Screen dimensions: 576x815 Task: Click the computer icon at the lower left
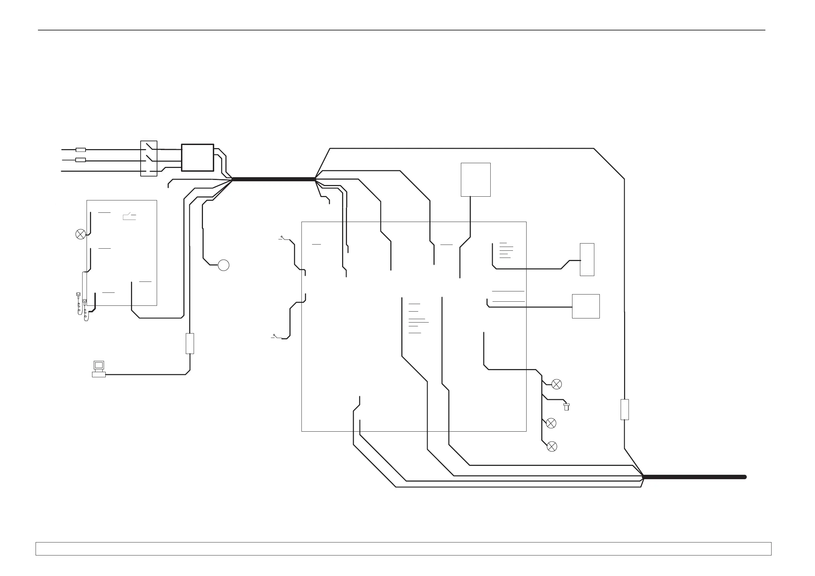click(x=99, y=369)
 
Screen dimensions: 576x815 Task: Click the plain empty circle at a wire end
click(x=223, y=265)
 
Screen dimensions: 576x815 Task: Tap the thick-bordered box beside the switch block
click(x=197, y=158)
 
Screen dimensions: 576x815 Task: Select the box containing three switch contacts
click(x=149, y=158)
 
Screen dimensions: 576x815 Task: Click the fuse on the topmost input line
click(x=81, y=150)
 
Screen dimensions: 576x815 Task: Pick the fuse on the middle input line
click(x=81, y=160)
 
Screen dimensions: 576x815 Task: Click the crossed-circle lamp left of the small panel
click(x=81, y=234)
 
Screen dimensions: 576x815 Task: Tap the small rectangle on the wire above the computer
click(x=190, y=343)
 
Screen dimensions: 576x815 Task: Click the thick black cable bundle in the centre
click(x=274, y=179)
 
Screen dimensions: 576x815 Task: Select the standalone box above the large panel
click(x=476, y=180)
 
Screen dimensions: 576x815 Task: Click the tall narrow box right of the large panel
click(x=587, y=259)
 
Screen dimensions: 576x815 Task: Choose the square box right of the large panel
click(x=586, y=306)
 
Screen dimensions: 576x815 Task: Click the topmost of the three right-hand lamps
click(x=557, y=384)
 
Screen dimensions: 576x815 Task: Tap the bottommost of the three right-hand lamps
click(x=552, y=446)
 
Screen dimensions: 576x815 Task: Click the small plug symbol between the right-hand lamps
click(x=567, y=407)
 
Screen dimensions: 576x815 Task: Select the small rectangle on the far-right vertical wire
click(x=625, y=409)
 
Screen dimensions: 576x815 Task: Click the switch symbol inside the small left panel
click(x=129, y=216)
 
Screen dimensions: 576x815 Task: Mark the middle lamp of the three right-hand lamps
click(x=551, y=423)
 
